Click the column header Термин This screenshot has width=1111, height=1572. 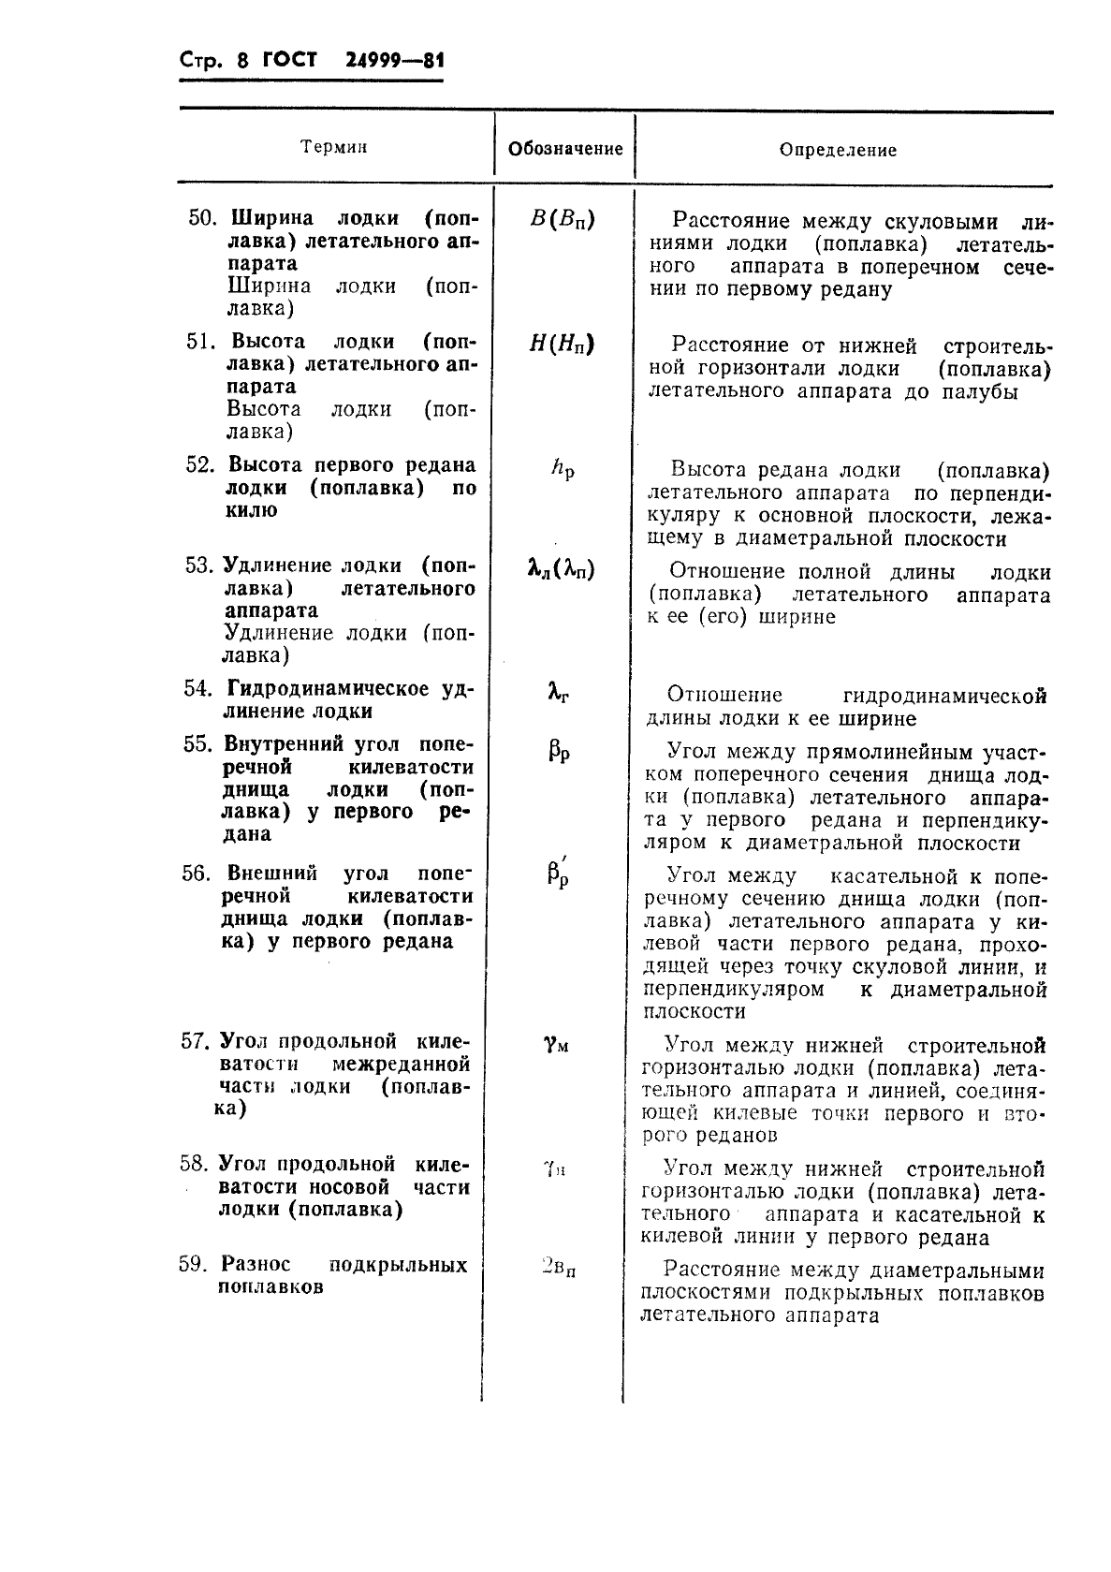tap(334, 147)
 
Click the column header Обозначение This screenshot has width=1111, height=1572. tap(564, 149)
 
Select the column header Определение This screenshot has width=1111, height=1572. tap(838, 150)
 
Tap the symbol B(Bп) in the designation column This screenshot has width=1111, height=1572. tap(562, 220)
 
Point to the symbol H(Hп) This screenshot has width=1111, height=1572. tap(562, 344)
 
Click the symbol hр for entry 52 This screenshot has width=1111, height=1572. tap(563, 468)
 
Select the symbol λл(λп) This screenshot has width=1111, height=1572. tap(561, 568)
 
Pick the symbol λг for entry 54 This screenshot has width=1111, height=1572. tap(559, 693)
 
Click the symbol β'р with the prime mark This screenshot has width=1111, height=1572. tap(559, 874)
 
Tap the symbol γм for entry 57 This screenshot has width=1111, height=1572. tap(556, 1044)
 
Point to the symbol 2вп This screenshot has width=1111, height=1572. tap(558, 1268)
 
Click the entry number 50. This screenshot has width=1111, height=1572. tap(201, 218)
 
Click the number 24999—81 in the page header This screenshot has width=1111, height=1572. tap(394, 62)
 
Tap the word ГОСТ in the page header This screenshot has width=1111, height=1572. tap(290, 62)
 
